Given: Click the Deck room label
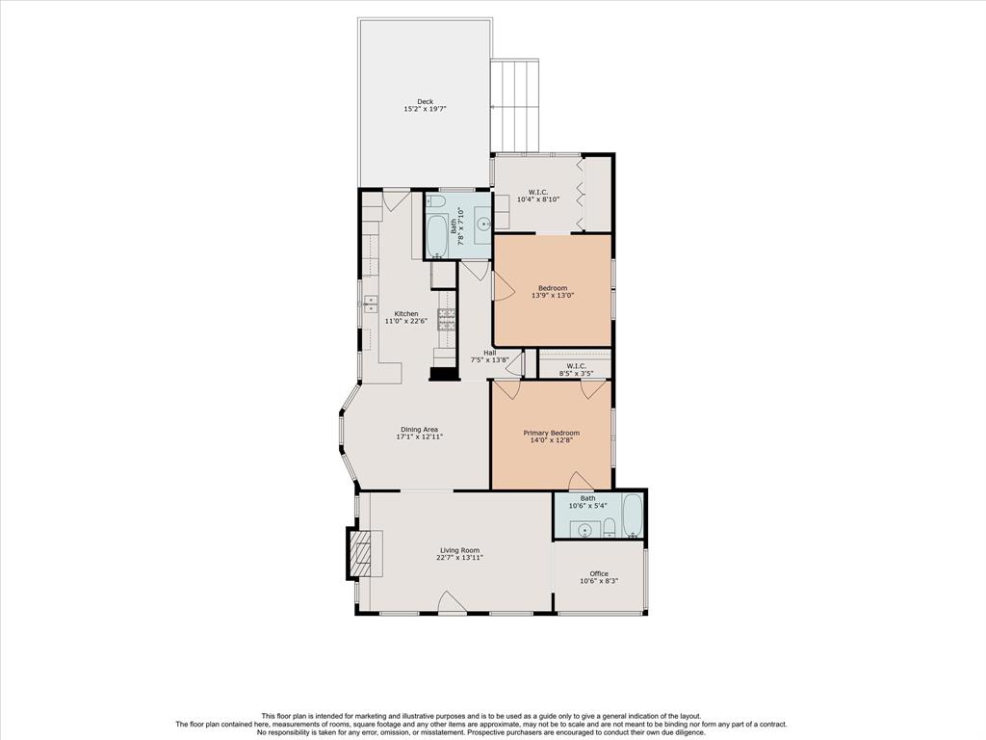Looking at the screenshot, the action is pos(425,101).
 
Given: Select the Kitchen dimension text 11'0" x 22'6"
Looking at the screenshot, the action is pos(406,321).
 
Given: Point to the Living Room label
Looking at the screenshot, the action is pos(459,550).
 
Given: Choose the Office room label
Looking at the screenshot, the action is pos(599,573).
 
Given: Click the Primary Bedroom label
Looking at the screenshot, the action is pos(552,433).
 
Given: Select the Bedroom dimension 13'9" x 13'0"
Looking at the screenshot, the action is pos(553,295).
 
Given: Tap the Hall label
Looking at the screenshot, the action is pos(490,353).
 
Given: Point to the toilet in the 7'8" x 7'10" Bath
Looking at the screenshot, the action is pos(436,201).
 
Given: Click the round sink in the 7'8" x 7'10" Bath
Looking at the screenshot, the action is pos(483,223).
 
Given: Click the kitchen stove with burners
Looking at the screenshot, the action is pos(447,320).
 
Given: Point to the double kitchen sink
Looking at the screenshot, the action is pos(370,304).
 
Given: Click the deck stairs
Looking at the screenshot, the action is pos(516,106).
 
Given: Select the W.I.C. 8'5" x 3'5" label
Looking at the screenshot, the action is pos(576,369).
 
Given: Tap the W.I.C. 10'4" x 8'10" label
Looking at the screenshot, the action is pos(537,195).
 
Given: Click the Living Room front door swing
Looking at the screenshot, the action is pos(452,601).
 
